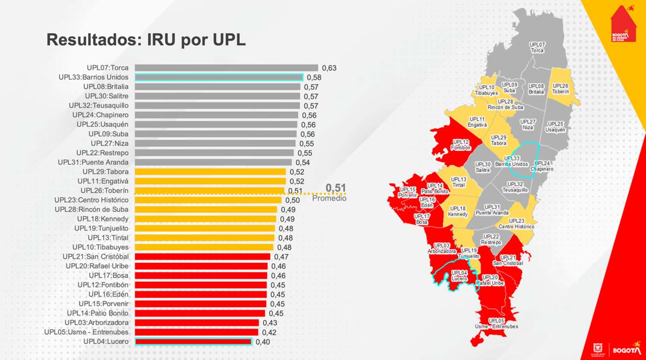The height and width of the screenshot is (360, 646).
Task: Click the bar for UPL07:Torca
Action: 226,68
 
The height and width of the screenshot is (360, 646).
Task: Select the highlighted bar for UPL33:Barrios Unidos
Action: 218,77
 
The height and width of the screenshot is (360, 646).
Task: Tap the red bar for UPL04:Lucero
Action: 193,342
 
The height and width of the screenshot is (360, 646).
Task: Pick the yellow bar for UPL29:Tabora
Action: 210,172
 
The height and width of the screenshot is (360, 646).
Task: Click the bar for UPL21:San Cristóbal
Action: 202,257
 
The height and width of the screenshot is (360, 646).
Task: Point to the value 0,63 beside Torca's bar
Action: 329,68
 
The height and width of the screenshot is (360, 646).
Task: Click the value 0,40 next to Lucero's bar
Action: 263,342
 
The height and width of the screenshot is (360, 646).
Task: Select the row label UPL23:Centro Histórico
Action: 91,200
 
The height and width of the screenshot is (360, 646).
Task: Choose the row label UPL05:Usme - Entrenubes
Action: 86,332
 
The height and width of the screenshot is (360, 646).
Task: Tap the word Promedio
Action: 329,199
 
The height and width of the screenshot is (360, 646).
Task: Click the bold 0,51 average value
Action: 335,188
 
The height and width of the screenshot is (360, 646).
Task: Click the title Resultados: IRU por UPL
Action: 146,40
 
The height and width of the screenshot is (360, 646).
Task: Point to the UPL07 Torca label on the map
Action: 537,48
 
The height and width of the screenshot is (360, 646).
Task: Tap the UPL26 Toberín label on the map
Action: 560,89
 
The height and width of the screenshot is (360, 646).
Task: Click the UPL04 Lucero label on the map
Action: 459,276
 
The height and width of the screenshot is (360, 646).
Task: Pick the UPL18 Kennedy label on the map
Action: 458,211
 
